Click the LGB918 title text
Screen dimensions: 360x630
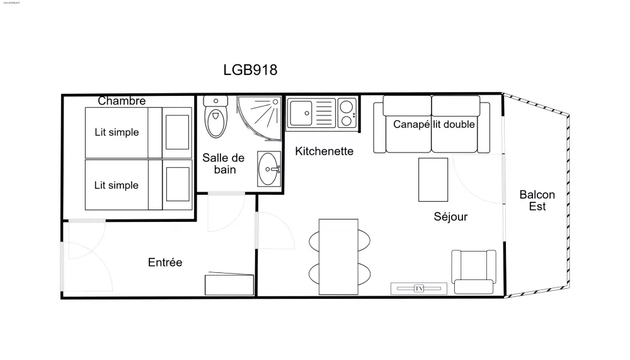point(250,70)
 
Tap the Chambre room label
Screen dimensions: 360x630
point(122,101)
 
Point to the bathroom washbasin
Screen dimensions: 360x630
point(270,168)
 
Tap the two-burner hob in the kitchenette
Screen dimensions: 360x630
point(346,113)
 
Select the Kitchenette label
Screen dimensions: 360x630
point(324,151)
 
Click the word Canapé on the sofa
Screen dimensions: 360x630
point(411,124)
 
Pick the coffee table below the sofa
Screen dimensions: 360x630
point(433,179)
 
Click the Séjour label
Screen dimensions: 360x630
point(450,217)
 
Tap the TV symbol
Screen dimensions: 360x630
point(419,289)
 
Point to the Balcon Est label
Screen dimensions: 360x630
point(537,200)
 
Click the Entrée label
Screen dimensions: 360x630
point(165,262)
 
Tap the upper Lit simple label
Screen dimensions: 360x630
point(117,132)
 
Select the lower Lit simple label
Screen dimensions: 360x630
point(117,185)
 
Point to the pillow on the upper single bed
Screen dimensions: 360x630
point(177,132)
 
